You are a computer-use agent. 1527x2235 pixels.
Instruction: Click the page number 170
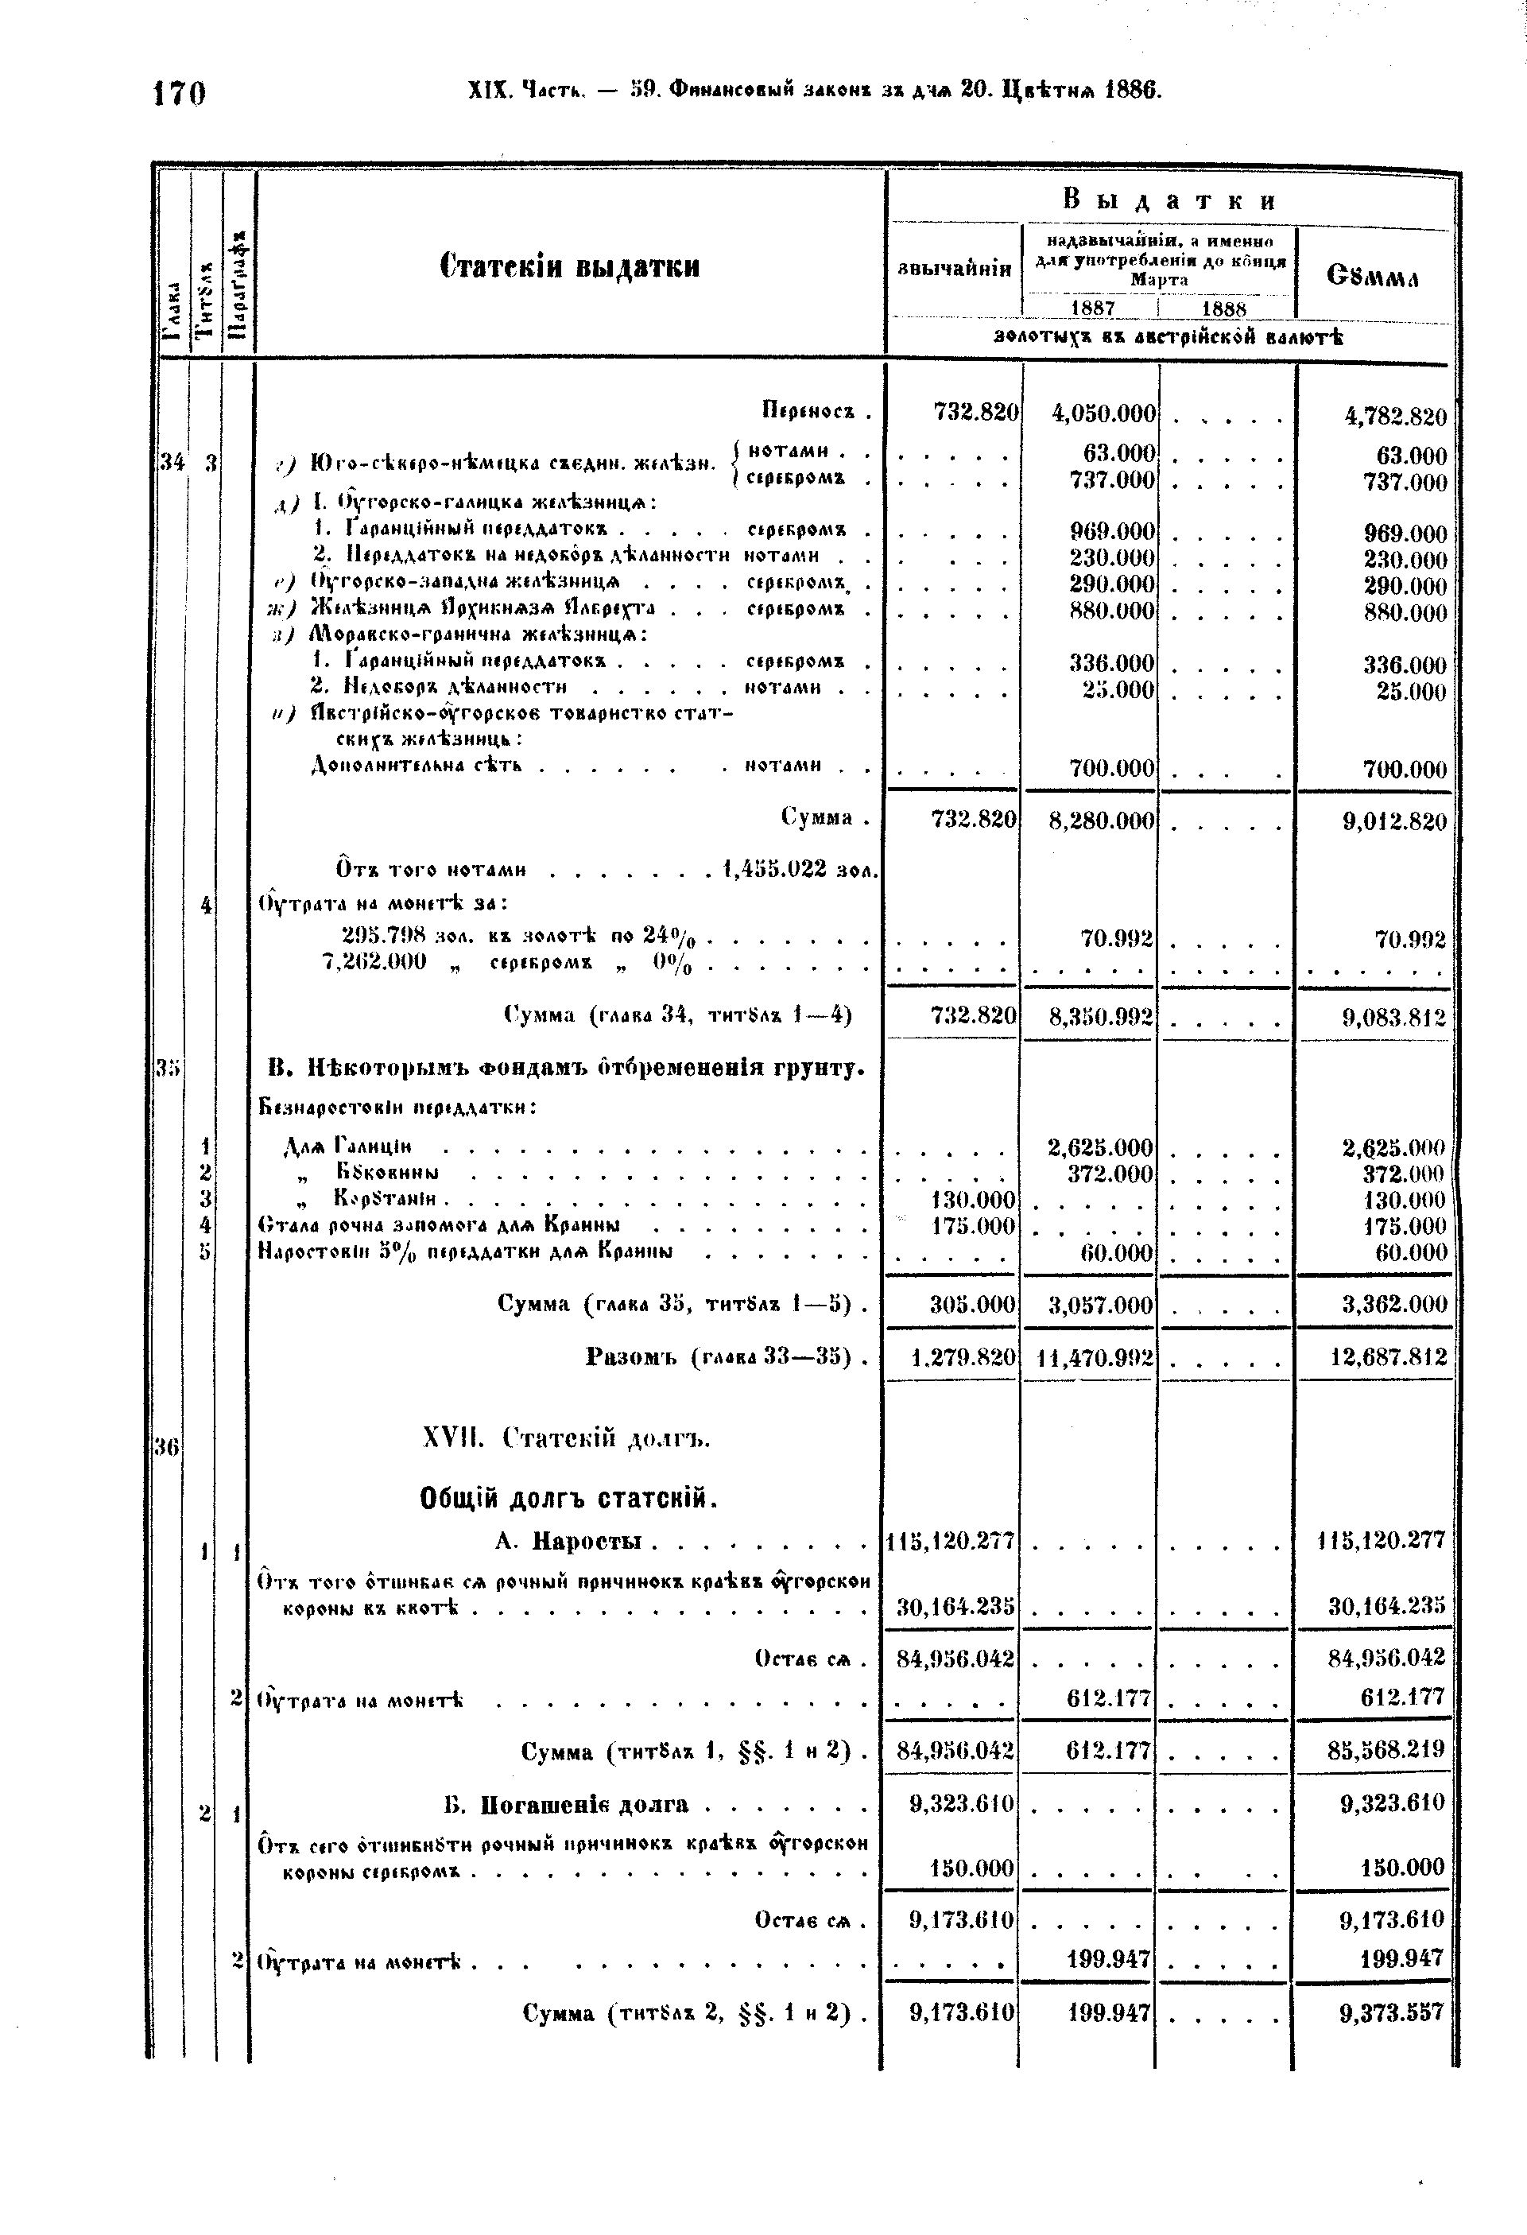(x=180, y=95)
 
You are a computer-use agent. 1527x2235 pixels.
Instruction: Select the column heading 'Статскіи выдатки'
(x=569, y=266)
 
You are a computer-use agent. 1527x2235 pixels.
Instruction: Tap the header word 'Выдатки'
(x=1170, y=200)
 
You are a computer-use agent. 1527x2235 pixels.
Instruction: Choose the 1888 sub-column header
(x=1224, y=308)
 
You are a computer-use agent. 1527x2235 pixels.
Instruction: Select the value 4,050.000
(x=1103, y=413)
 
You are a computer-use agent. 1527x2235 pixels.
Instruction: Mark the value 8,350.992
(x=1102, y=1015)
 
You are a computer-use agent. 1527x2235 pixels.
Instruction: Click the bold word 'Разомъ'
(x=634, y=1357)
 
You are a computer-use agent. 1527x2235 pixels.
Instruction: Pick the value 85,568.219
(x=1386, y=1750)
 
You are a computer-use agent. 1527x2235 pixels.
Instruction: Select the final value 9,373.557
(x=1393, y=2013)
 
